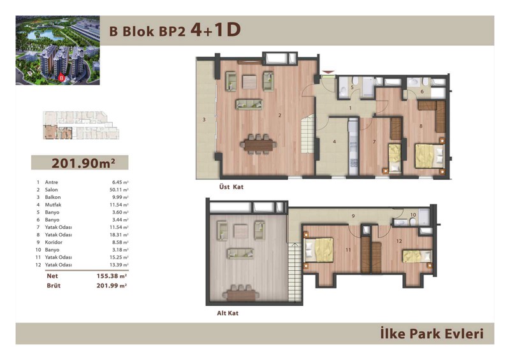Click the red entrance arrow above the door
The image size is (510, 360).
click(328, 72)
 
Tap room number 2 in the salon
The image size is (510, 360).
click(280, 115)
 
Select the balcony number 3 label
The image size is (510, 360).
click(204, 120)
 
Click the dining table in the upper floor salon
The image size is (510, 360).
click(259, 145)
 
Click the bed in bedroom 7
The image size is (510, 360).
click(395, 158)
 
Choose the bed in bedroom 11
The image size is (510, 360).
click(318, 250)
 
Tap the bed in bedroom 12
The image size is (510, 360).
click(418, 256)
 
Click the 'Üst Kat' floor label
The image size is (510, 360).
click(231, 187)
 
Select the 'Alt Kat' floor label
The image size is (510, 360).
click(228, 313)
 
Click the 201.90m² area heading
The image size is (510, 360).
click(84, 163)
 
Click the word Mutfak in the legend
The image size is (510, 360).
click(53, 205)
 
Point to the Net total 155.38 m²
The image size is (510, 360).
click(112, 276)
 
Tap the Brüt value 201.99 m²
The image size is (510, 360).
click(112, 286)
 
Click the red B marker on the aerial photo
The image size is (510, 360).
click(61, 78)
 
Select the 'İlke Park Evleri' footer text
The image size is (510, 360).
click(432, 334)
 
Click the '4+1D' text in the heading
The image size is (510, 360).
click(215, 30)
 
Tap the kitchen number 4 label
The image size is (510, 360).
click(334, 142)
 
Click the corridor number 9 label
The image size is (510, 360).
click(353, 216)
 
